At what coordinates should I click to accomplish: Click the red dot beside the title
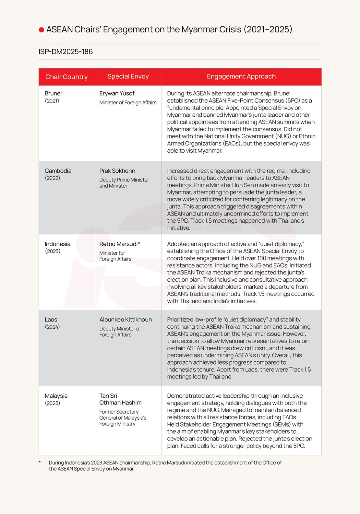[x=42, y=30]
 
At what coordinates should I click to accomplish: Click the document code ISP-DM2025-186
[x=66, y=52]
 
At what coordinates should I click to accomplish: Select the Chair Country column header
[x=66, y=77]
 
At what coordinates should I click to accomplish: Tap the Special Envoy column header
[x=128, y=76]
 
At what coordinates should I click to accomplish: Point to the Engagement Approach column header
[x=241, y=76]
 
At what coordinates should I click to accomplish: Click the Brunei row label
[x=53, y=93]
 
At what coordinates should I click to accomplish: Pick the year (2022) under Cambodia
[x=53, y=178]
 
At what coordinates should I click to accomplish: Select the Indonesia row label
[x=57, y=244]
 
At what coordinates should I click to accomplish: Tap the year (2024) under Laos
[x=52, y=327]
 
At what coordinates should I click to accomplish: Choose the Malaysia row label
[x=56, y=396]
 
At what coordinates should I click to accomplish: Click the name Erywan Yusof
[x=117, y=93]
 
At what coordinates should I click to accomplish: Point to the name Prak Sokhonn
[x=117, y=171]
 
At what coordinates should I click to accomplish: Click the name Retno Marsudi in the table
[x=118, y=244]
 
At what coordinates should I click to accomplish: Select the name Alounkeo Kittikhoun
[x=126, y=320]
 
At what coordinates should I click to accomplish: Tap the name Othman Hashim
[x=120, y=403]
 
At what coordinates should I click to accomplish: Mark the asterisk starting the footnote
[x=40, y=462]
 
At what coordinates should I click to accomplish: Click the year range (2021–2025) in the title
[x=268, y=29]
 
